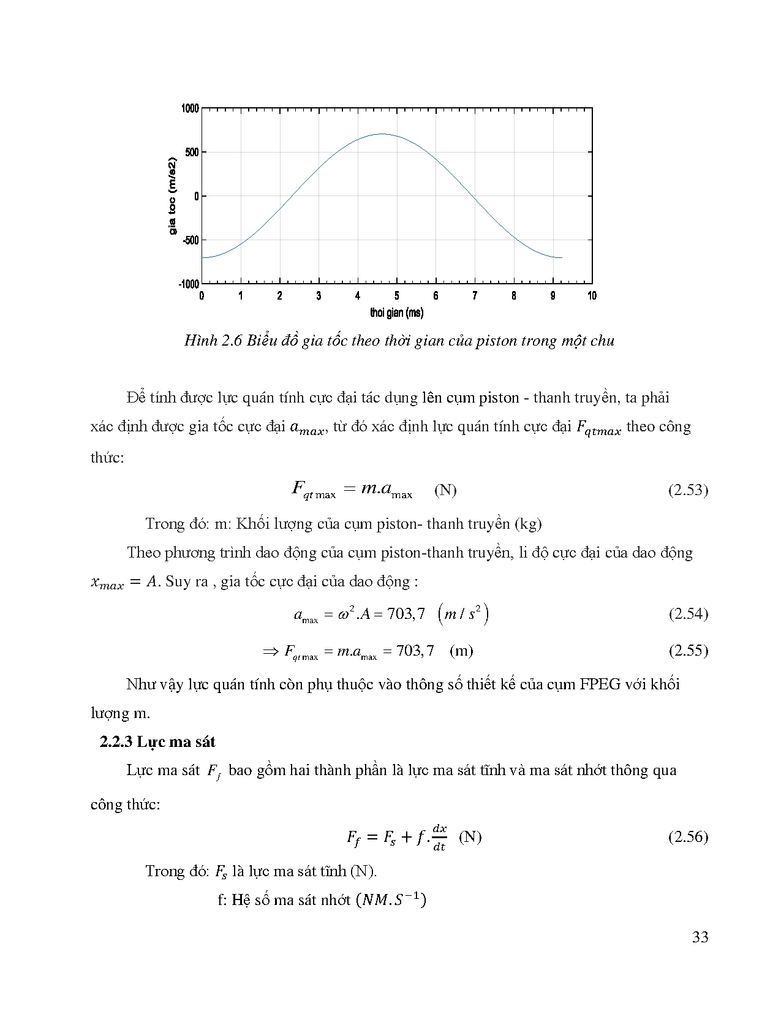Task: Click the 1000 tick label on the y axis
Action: tap(190, 108)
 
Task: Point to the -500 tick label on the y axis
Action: tap(190, 240)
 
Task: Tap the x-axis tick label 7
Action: tap(475, 296)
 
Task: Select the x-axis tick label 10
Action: tap(592, 296)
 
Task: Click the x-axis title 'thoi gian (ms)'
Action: tap(396, 313)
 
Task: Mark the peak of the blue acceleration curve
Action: tap(382, 134)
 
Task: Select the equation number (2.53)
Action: tap(688, 490)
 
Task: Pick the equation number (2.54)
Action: tap(688, 614)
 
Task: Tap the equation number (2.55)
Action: tap(688, 650)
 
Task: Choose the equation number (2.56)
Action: tap(688, 837)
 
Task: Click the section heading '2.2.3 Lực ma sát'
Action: tap(157, 742)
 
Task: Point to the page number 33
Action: tap(700, 937)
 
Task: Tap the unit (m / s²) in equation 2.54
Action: tap(464, 614)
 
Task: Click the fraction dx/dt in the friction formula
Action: tap(439, 838)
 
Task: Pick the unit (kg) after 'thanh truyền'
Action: tap(528, 524)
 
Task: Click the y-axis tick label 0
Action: tap(197, 196)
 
